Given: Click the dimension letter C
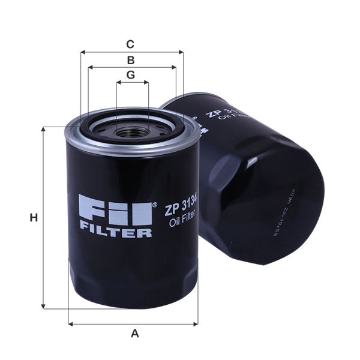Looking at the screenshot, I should click(x=130, y=44).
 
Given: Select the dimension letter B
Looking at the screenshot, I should click(x=130, y=59).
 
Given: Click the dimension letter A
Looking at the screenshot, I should click(x=135, y=332).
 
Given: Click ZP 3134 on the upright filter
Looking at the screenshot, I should click(x=183, y=209).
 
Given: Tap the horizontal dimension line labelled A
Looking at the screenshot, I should click(x=135, y=323).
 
